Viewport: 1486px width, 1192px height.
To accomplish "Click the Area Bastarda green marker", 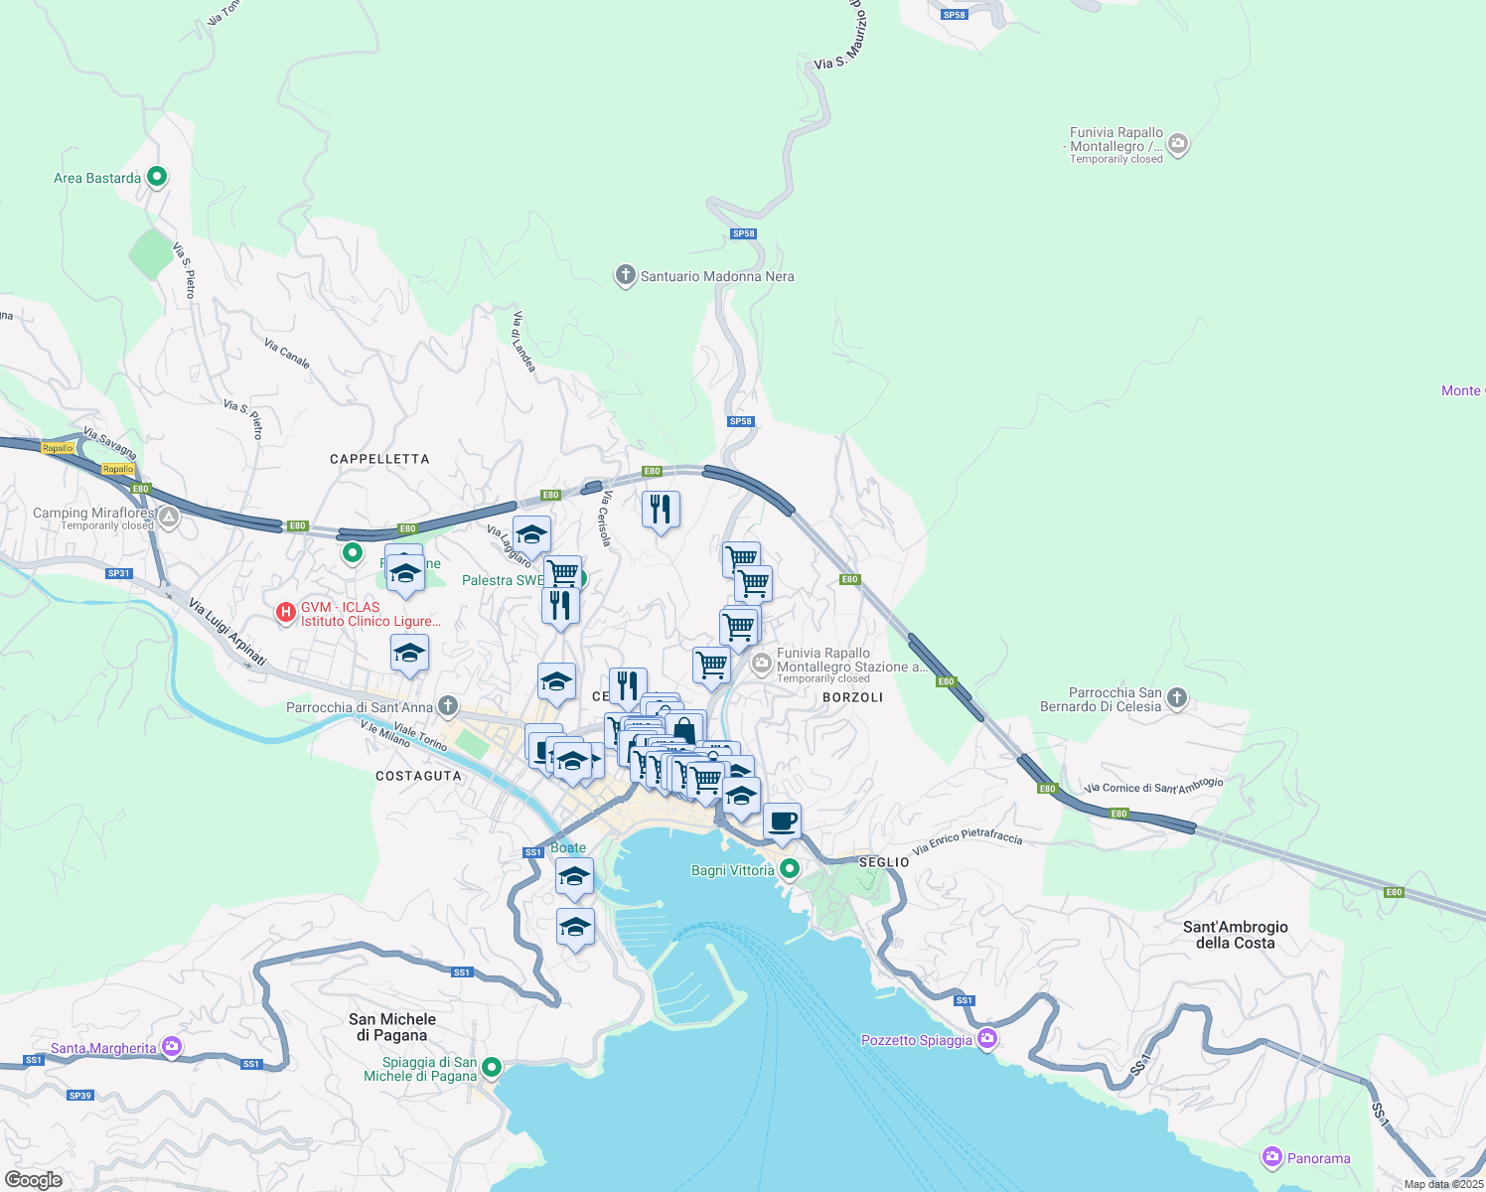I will click(156, 177).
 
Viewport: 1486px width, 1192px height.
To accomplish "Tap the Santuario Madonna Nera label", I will click(716, 276).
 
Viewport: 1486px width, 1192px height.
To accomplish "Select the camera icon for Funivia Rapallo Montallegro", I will click(1178, 144).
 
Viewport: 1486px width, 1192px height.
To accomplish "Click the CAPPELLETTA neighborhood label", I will click(379, 459).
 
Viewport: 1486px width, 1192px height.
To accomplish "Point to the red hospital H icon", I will click(286, 613).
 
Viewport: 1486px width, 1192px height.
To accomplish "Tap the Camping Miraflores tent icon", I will click(169, 517).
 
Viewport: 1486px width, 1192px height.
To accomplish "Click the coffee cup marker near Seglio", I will click(783, 821).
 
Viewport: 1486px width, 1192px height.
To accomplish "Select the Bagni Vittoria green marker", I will click(790, 869).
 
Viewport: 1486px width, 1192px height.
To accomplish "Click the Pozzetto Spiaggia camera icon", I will click(987, 1039).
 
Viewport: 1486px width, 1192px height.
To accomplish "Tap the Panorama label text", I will click(1318, 1158).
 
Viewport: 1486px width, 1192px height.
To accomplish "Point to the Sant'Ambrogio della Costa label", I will click(1235, 935).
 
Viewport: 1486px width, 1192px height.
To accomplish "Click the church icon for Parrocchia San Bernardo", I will click(1177, 697).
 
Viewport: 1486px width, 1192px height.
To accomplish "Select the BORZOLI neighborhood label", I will click(852, 697).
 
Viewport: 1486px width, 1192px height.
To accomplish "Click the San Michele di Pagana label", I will click(392, 1027).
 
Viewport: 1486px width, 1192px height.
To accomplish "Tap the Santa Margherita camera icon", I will click(172, 1046).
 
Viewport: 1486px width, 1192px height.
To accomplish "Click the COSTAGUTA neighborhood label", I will click(418, 776).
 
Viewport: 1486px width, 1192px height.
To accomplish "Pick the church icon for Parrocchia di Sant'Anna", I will click(448, 706).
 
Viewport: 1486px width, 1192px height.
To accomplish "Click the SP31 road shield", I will click(118, 573).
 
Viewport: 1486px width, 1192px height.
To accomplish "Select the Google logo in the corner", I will click(34, 1179).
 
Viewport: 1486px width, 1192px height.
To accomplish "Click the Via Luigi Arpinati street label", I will click(227, 633).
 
